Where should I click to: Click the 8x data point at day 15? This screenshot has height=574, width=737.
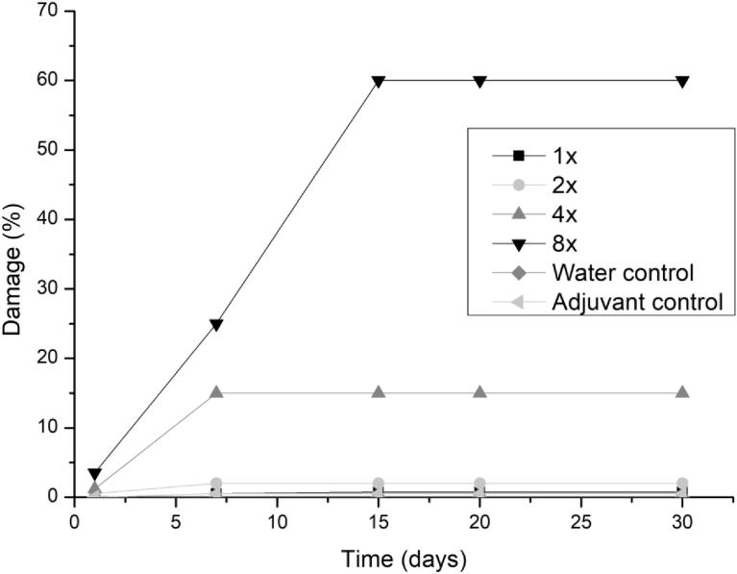pyautogui.click(x=379, y=82)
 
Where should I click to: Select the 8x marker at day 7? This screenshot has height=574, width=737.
pyautogui.click(x=216, y=325)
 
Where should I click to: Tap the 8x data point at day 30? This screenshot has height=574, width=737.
pyautogui.click(x=682, y=82)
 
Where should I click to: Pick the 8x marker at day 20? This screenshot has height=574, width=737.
pyautogui.click(x=479, y=82)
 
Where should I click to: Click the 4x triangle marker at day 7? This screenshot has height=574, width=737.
pyautogui.click(x=216, y=392)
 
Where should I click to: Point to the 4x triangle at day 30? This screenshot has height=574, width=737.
pyautogui.click(x=682, y=392)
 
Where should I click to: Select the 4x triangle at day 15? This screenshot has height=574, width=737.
pyautogui.click(x=379, y=392)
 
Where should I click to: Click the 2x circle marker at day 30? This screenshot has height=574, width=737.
pyautogui.click(x=682, y=484)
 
